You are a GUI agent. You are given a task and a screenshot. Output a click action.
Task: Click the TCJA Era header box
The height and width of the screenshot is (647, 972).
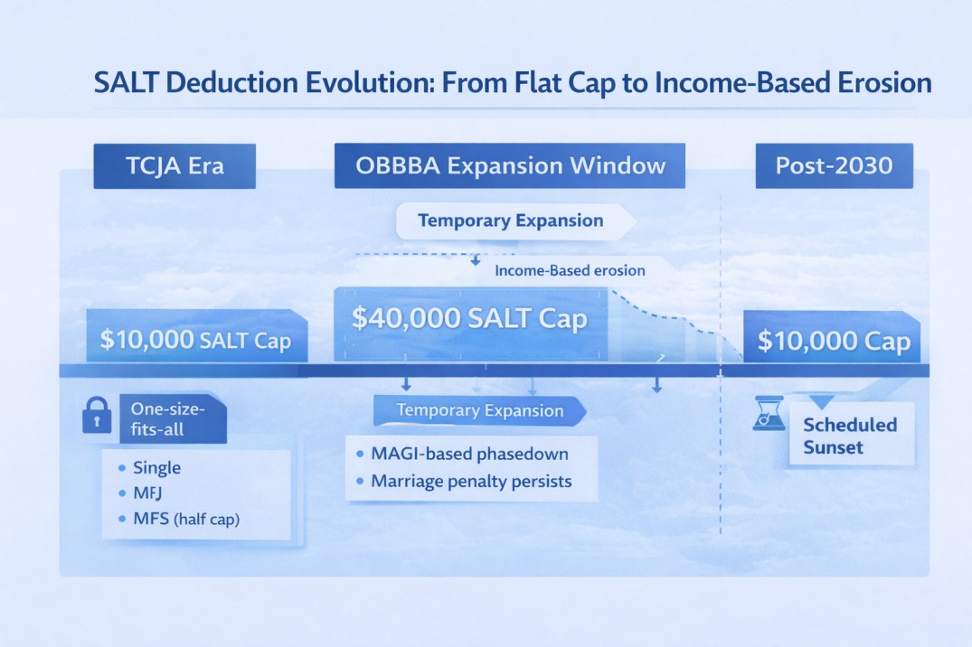[175, 166]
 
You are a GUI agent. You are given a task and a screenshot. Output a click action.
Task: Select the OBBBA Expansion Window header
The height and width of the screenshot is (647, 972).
[509, 166]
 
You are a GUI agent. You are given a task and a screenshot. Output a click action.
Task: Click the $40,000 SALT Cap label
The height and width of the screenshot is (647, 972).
[469, 319]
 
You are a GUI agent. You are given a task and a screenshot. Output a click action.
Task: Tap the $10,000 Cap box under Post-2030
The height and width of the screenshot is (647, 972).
[833, 341]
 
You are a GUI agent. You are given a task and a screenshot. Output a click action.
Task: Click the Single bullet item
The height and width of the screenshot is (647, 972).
[156, 468]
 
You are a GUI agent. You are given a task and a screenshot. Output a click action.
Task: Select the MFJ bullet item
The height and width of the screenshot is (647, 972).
[148, 494]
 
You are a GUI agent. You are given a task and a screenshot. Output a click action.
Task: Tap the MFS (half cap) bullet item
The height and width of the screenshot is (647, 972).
[185, 520]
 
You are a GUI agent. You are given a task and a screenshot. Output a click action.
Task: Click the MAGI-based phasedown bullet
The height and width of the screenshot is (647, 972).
[469, 453]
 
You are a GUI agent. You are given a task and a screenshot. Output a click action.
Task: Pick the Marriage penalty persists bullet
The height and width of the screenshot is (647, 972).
[471, 481]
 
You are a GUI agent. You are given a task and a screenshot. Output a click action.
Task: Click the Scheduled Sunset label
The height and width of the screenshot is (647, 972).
[849, 436]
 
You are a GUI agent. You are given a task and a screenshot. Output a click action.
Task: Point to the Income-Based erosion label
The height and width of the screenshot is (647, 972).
[570, 270]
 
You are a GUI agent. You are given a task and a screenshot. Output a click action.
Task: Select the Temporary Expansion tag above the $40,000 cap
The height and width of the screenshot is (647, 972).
[510, 220]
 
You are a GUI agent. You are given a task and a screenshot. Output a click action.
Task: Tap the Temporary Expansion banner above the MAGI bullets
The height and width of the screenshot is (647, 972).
[479, 411]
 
